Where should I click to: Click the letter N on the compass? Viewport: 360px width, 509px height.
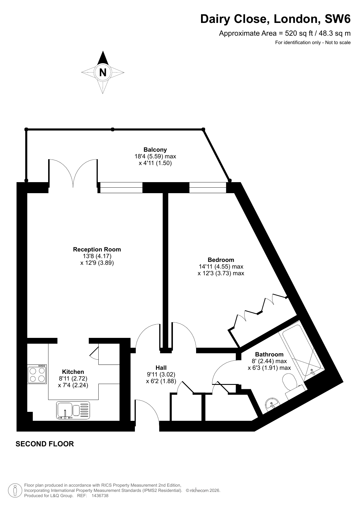pyautogui.click(x=103, y=72)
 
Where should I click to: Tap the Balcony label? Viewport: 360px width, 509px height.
pyautogui.click(x=155, y=150)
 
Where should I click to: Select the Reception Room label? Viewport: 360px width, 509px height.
pyautogui.click(x=97, y=249)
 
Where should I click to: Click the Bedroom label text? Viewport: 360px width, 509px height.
pyautogui.click(x=221, y=260)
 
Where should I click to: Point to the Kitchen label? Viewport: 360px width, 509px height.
pyautogui.click(x=73, y=372)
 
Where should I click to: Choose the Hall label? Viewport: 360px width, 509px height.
pyautogui.click(x=161, y=368)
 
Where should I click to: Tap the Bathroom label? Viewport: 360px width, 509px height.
pyautogui.click(x=269, y=354)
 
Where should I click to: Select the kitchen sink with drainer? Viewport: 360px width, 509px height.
pyautogui.click(x=73, y=410)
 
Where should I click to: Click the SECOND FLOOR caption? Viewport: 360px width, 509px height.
pyautogui.click(x=45, y=444)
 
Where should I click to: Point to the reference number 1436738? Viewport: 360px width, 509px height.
pyautogui.click(x=100, y=496)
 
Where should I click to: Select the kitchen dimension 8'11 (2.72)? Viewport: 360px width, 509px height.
pyautogui.click(x=73, y=378)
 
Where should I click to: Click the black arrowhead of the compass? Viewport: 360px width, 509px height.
pyautogui.click(x=103, y=58)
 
